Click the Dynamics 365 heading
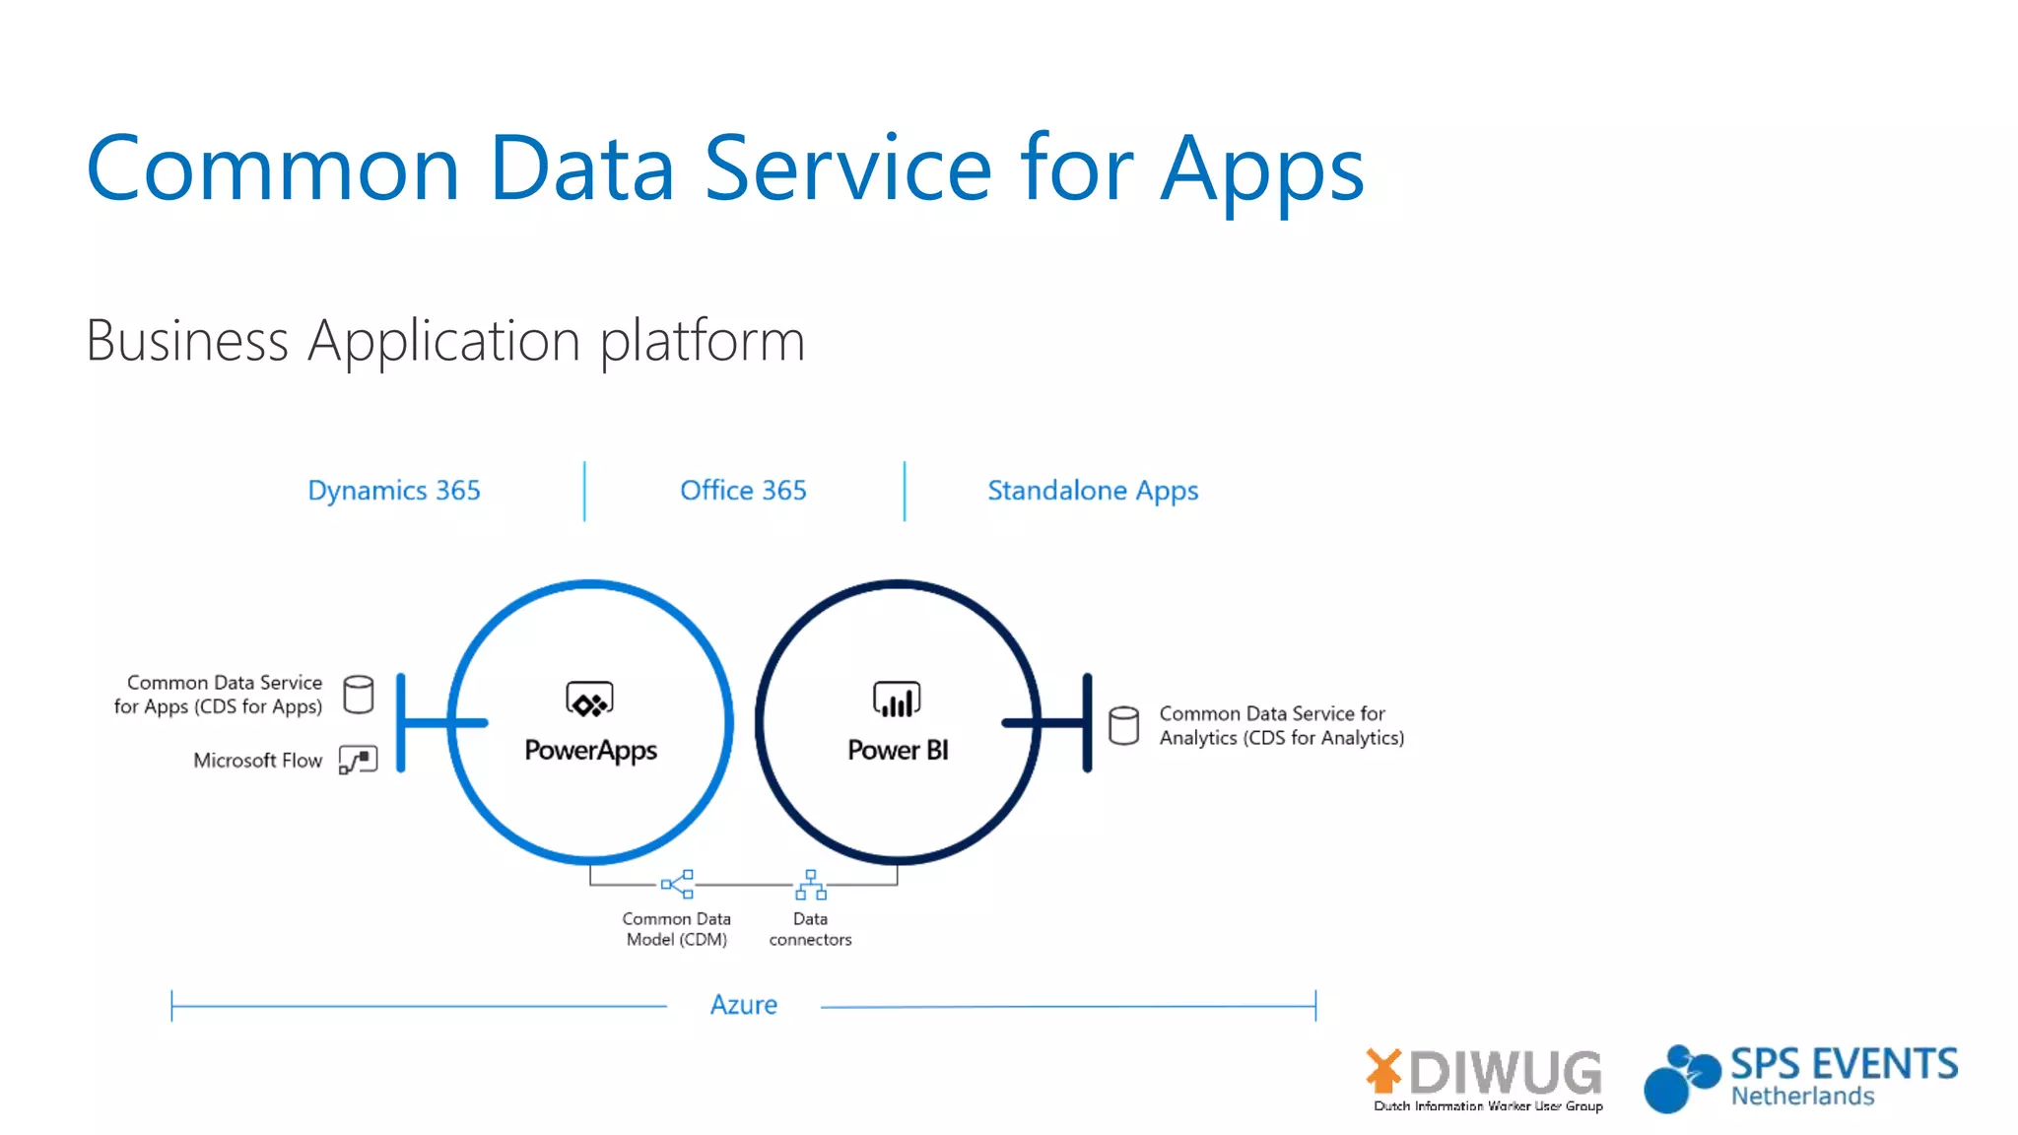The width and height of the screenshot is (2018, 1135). point(394,490)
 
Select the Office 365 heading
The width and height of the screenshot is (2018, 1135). point(743,490)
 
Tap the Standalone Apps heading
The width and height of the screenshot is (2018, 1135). point(1093,491)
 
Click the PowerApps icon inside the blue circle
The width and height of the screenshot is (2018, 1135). point(589,700)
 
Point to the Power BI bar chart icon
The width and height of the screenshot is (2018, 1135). point(897,700)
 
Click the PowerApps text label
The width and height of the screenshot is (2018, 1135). point(590,751)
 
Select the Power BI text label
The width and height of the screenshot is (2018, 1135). point(898,751)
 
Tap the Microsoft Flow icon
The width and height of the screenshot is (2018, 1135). point(359,760)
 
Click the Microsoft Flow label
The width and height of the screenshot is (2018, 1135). point(257,761)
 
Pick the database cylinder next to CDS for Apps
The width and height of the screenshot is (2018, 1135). point(359,695)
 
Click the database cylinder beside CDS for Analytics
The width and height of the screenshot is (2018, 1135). point(1123,725)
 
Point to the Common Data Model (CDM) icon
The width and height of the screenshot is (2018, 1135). point(678,884)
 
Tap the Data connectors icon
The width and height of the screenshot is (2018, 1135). point(810,885)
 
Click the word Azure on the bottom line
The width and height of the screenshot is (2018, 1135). point(744,1005)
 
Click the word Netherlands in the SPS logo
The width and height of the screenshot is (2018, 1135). point(1802,1097)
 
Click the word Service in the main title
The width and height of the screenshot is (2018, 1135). point(847,169)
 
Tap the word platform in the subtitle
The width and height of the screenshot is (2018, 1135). point(703,342)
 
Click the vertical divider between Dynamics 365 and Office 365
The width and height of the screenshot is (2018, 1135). point(584,491)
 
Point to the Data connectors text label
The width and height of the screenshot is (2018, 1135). point(810,929)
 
